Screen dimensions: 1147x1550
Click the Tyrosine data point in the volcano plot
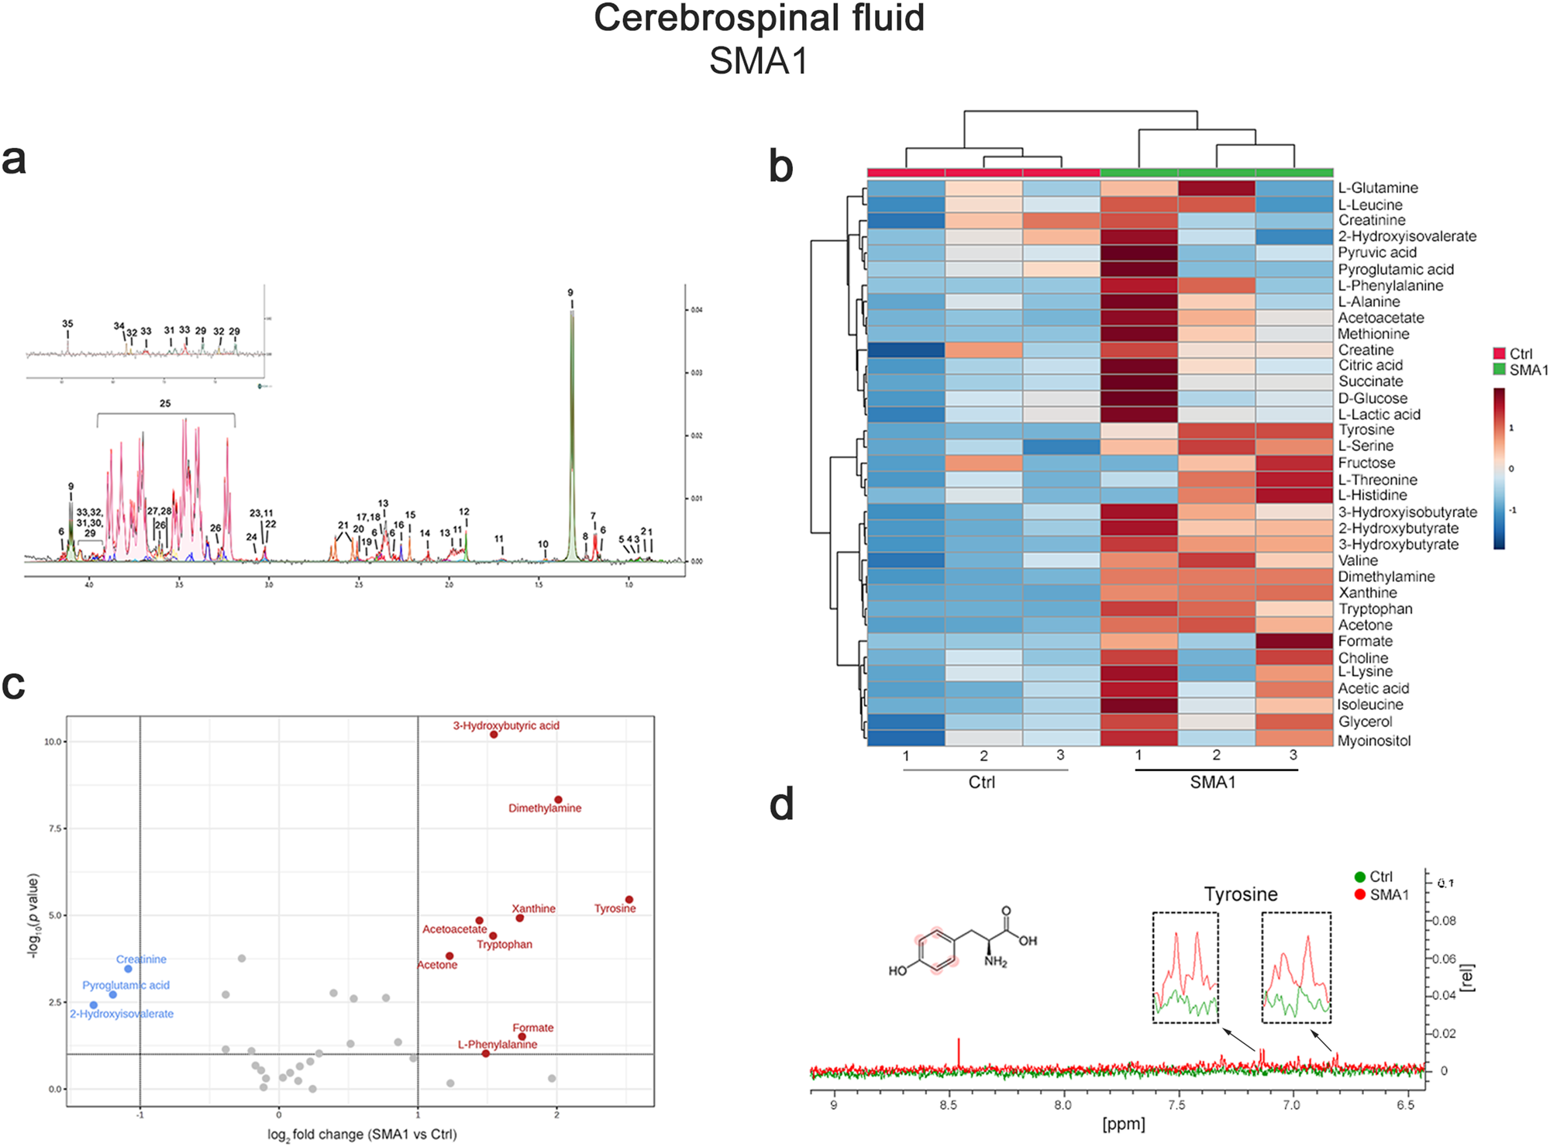tap(629, 900)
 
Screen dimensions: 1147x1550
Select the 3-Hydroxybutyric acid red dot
tap(494, 734)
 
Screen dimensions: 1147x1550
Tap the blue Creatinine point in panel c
tap(128, 969)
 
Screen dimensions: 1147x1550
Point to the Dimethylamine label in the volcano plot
tap(544, 808)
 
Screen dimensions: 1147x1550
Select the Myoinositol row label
tap(1373, 740)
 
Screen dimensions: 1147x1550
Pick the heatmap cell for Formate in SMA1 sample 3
tap(1293, 642)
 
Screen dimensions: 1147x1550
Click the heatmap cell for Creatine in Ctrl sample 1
tap(906, 350)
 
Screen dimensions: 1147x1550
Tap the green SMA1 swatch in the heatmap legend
tap(1499, 370)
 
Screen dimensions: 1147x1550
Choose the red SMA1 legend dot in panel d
tap(1359, 894)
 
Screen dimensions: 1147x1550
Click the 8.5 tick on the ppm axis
tap(948, 1105)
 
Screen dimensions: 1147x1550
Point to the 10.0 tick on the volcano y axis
tap(53, 742)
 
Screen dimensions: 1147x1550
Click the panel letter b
tap(780, 167)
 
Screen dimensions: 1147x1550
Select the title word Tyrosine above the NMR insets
tap(1240, 894)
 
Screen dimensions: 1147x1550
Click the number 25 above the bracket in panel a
tap(165, 404)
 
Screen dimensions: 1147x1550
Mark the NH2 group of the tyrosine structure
tap(995, 962)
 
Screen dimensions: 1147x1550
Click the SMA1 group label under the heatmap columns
tap(1213, 783)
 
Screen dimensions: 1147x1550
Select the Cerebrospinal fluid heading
tap(759, 19)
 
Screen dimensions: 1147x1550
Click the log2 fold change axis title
tap(362, 1135)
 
